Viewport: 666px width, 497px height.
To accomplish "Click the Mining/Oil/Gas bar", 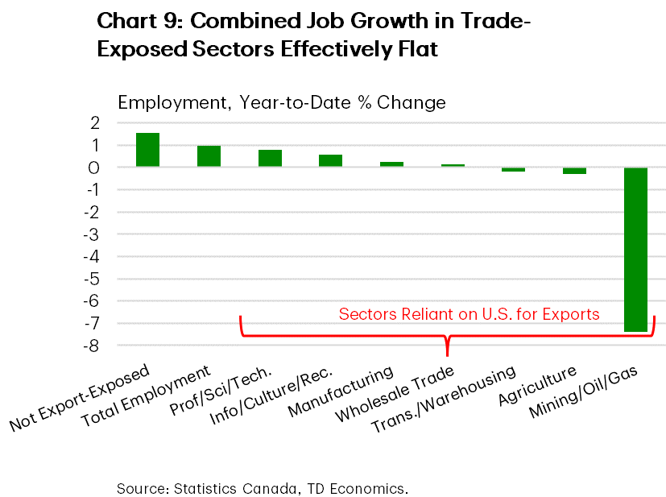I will tap(635, 249).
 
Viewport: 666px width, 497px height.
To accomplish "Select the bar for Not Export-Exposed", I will tap(147, 150).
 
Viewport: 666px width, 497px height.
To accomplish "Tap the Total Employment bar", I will tap(209, 156).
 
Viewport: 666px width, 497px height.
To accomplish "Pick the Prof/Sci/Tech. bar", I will tap(270, 158).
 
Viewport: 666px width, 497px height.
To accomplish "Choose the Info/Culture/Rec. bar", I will tap(330, 160).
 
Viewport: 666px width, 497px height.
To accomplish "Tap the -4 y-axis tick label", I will tap(93, 257).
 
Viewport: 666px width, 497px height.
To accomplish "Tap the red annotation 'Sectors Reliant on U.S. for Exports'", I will tap(469, 314).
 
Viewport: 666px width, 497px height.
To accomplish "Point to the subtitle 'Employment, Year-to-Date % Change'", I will tap(281, 102).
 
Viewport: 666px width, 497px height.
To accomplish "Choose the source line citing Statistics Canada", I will tap(263, 488).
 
